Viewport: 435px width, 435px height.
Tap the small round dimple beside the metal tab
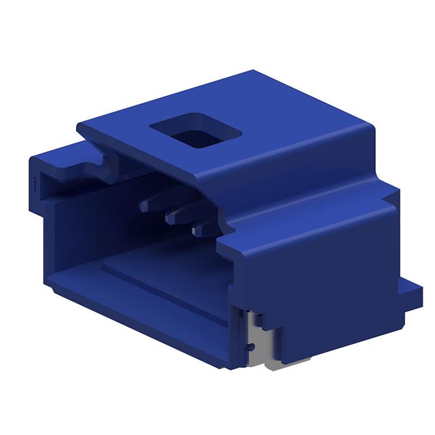pyautogui.click(x=250, y=347)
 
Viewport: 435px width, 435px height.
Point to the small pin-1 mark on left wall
pyautogui.click(x=34, y=184)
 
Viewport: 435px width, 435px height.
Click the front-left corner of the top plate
pyautogui.click(x=79, y=126)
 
